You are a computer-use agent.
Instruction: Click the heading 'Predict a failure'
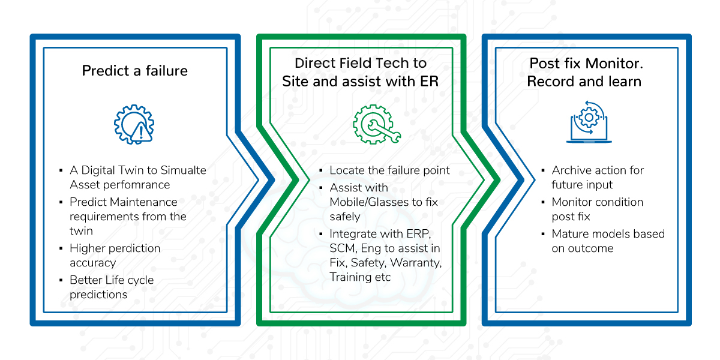pos(134,71)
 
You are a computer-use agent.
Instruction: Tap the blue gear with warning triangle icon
pos(134,124)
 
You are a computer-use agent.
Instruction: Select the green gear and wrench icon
pos(376,124)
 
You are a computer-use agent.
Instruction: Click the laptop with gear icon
pos(589,122)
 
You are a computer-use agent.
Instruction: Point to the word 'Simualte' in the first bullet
pos(183,170)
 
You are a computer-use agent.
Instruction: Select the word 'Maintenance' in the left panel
pos(145,202)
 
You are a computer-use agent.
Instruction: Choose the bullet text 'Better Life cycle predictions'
pos(112,287)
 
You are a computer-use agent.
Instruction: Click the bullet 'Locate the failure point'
pos(389,170)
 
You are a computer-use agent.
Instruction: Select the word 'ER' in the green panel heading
pos(429,82)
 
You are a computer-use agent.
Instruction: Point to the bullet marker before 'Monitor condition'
pos(543,202)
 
